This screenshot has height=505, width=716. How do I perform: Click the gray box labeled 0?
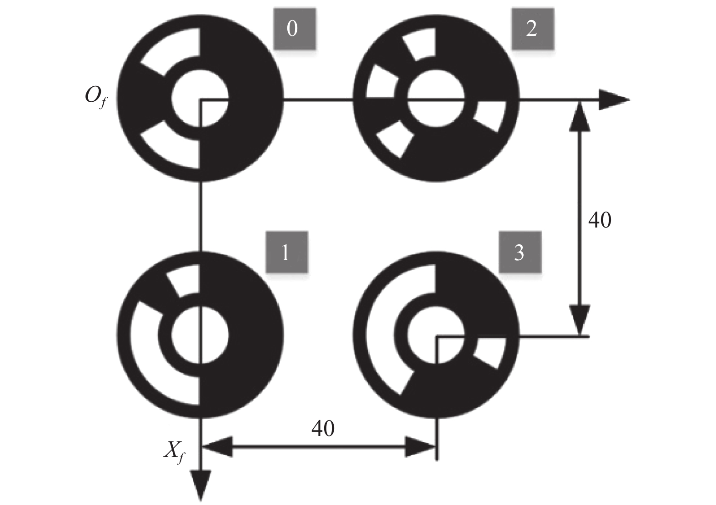[x=295, y=29]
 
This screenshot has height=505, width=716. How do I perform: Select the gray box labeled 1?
[x=287, y=252]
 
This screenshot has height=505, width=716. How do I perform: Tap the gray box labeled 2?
[x=532, y=29]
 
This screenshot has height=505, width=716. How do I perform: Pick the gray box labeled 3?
[x=520, y=252]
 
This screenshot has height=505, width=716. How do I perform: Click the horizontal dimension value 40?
[x=323, y=428]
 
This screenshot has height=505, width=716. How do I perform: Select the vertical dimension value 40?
[x=600, y=220]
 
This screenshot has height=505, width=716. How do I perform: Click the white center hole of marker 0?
[x=200, y=98]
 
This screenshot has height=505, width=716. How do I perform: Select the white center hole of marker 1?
[x=200, y=335]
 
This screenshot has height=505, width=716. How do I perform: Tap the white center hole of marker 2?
[x=436, y=98]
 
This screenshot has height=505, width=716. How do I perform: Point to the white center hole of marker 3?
[x=436, y=335]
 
